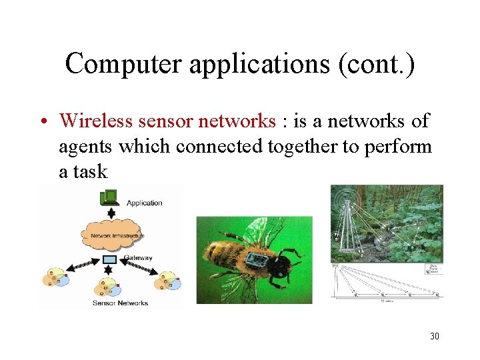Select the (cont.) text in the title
[379, 64]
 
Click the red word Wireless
[98, 121]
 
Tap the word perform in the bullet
[398, 147]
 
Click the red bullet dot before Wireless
[42, 122]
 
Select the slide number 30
[434, 336]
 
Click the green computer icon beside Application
[109, 198]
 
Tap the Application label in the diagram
[144, 203]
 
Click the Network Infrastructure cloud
[111, 235]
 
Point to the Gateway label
[137, 258]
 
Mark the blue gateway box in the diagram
[111, 259]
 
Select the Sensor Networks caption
[121, 303]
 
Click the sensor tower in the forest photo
[347, 220]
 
